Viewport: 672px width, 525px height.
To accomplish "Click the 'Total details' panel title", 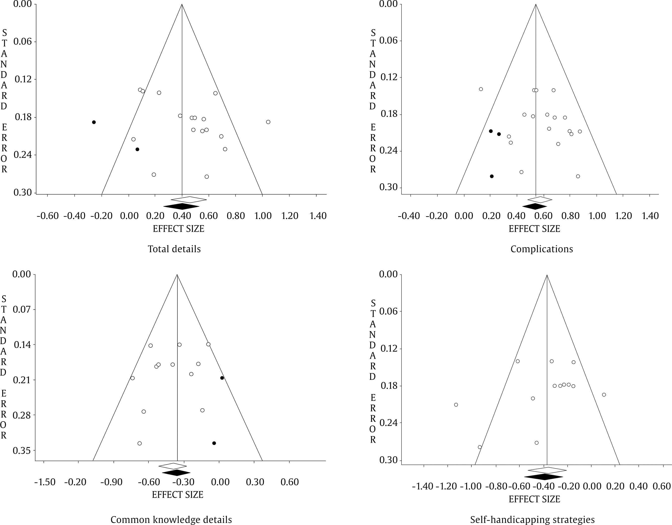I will click(174, 249).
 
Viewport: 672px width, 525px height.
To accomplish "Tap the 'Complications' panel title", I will click(542, 249).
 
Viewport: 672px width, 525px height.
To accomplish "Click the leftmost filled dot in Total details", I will click(94, 122).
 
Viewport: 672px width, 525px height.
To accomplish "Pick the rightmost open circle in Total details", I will click(268, 122).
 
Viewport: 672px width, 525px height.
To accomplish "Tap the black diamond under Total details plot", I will click(177, 206).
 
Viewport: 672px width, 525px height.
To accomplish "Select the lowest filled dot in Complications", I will click(492, 176).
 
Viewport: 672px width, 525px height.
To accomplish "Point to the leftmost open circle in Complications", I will click(481, 89).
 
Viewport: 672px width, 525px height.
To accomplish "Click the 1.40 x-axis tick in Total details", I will click(318, 216).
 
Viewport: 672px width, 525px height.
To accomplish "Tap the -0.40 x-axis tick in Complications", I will click(409, 216).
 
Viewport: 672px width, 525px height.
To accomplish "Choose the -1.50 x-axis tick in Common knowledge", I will click(45, 482).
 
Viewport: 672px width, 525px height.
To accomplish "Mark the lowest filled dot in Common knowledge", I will click(214, 443).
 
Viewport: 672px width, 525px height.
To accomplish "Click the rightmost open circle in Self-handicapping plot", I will click(604, 395).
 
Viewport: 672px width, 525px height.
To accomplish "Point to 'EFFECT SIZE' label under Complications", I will click(534, 229).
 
